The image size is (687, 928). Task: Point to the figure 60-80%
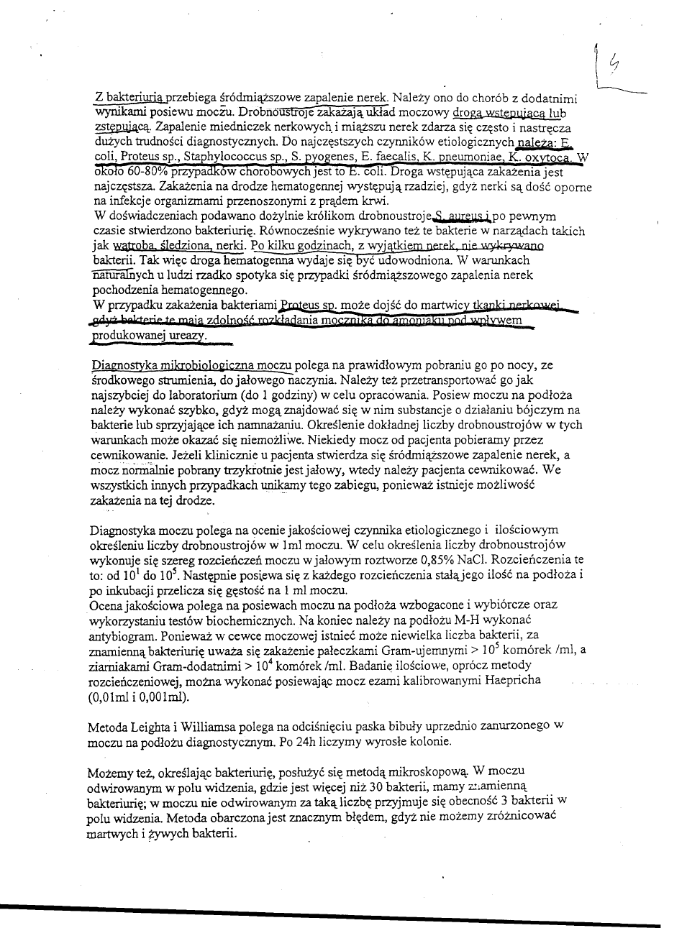(140, 171)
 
